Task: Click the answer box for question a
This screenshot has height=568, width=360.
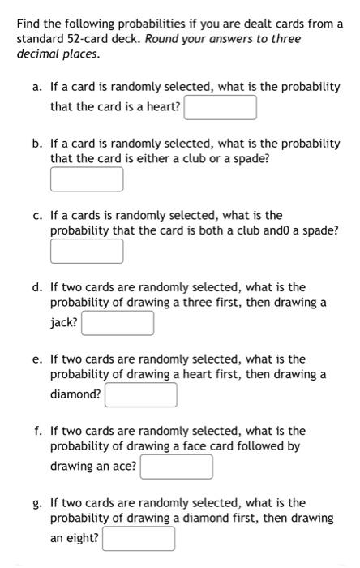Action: click(x=221, y=107)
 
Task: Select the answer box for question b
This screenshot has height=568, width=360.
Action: click(x=87, y=179)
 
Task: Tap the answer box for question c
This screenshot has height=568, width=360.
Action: click(x=87, y=252)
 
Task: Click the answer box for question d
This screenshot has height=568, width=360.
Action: click(x=118, y=323)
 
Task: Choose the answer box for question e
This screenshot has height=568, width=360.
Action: click(x=140, y=395)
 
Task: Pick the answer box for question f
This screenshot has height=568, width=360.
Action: click(x=176, y=467)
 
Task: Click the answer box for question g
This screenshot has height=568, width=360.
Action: click(x=138, y=539)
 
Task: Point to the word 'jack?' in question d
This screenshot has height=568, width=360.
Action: click(x=64, y=322)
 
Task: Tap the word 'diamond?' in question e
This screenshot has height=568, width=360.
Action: click(x=75, y=394)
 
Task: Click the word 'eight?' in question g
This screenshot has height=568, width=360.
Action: click(x=82, y=538)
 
